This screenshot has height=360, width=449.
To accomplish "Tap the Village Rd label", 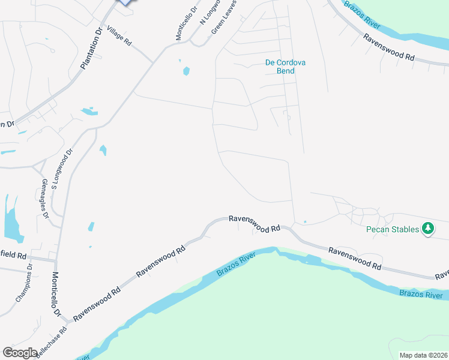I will coord(119,37).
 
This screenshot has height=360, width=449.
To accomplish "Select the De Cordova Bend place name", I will coord(280,66).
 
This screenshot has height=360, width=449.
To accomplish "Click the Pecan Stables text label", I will coord(392,229).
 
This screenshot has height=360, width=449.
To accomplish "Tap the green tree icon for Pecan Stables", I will coord(428,228).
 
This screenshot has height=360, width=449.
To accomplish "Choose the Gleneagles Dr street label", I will coord(44,199).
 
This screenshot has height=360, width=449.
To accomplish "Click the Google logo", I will coord(20,353).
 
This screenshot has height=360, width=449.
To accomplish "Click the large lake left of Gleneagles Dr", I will coord(11,221).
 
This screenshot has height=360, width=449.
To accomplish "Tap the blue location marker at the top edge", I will coord(124,2).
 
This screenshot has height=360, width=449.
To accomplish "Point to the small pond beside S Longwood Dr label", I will coord(103,150).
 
